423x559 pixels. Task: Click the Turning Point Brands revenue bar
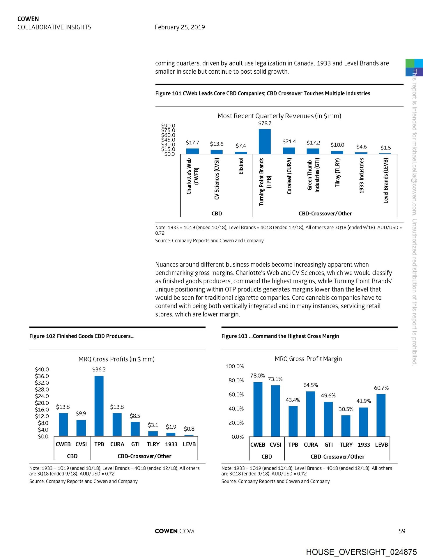pyautogui.click(x=265, y=141)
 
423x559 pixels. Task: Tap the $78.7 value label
pyautogui.click(x=265, y=123)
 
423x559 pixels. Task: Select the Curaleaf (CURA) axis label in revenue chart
pyautogui.click(x=289, y=176)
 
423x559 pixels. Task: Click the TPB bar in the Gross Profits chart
pyautogui.click(x=99, y=406)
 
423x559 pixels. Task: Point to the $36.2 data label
pyautogui.click(x=99, y=369)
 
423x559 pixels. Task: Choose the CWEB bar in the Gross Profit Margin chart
pyautogui.click(x=258, y=409)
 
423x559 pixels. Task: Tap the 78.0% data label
pyautogui.click(x=258, y=376)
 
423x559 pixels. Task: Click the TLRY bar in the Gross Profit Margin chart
pyautogui.click(x=346, y=426)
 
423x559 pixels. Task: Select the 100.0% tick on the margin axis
pyautogui.click(x=235, y=366)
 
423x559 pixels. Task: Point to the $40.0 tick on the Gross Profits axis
pyautogui.click(x=42, y=369)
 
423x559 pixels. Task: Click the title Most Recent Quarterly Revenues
pyautogui.click(x=279, y=116)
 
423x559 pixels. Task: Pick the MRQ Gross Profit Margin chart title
pyautogui.click(x=308, y=359)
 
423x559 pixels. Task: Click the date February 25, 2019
pyautogui.click(x=180, y=27)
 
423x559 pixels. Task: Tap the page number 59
pyautogui.click(x=402, y=531)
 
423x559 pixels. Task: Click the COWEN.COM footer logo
pyautogui.click(x=174, y=531)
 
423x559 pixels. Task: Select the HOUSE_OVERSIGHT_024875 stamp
pyautogui.click(x=361, y=552)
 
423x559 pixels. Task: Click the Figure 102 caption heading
pyautogui.click(x=82, y=336)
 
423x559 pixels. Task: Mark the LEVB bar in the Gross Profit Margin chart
pyautogui.click(x=381, y=415)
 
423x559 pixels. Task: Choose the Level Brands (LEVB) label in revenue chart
pyautogui.click(x=386, y=181)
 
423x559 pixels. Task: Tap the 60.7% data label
pyautogui.click(x=381, y=388)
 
